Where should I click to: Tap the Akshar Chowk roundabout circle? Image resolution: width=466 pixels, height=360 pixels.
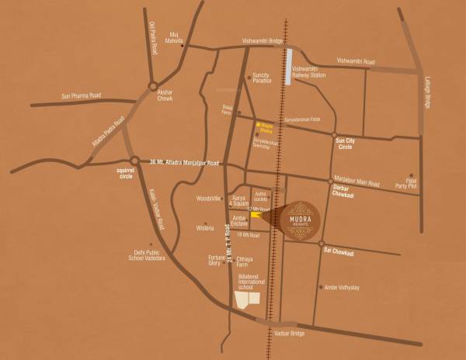pos(153,86)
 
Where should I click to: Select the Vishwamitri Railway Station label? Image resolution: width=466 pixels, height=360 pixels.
pos(308,72)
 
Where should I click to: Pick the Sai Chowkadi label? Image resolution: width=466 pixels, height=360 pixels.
pos(339,252)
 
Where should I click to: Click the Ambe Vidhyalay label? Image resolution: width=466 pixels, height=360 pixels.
pos(342,287)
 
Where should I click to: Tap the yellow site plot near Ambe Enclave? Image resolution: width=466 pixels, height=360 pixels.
pos(256,215)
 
